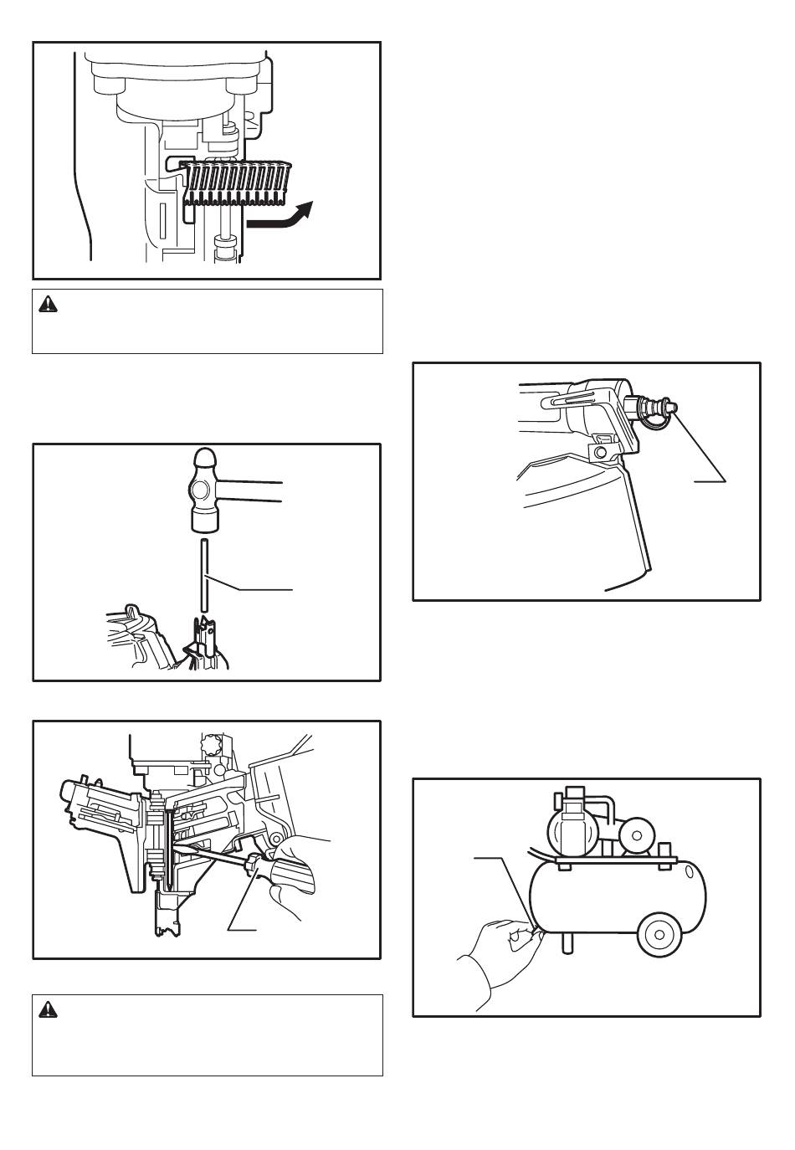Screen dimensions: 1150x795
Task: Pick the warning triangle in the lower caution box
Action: click(49, 1010)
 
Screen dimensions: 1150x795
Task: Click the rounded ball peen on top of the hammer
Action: click(205, 461)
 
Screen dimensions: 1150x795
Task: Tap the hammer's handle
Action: click(251, 491)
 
